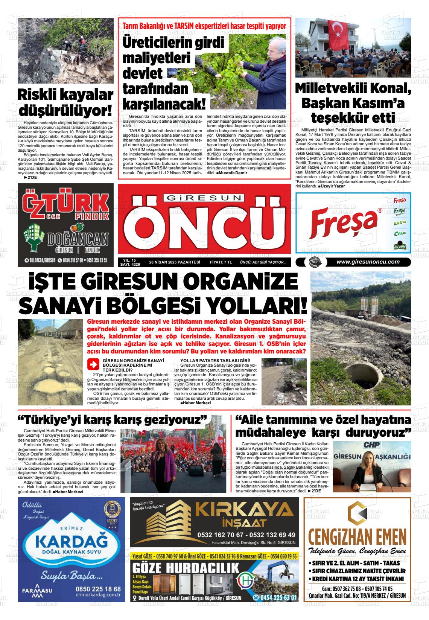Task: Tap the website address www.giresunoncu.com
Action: pyautogui.click(x=368, y=262)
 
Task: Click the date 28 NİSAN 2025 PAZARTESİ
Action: pyautogui.click(x=174, y=263)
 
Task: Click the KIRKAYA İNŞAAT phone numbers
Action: pyautogui.click(x=246, y=535)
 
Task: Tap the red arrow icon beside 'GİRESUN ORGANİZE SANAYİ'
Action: pyautogui.click(x=92, y=364)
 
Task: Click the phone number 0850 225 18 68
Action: pyautogui.click(x=98, y=589)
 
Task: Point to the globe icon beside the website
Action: pyautogui.click(x=313, y=262)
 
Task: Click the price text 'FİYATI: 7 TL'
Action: pyautogui.click(x=221, y=263)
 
